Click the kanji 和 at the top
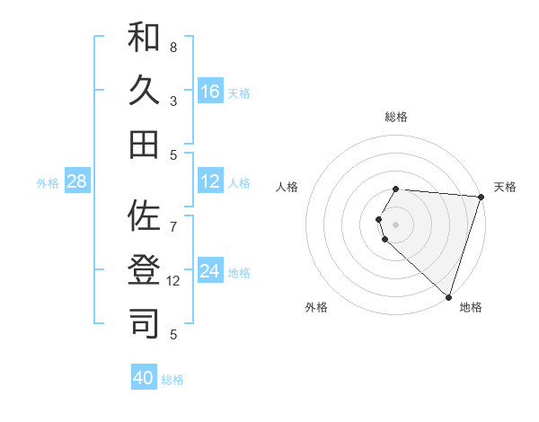[x=144, y=38]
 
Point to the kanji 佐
[x=144, y=216]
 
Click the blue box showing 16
[x=210, y=92]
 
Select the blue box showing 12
[x=210, y=182]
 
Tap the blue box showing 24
[x=210, y=272]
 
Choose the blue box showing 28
[x=77, y=182]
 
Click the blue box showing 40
[x=144, y=378]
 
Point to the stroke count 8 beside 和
[x=173, y=47]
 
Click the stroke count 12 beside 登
[x=174, y=280]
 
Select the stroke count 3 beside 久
[x=173, y=101]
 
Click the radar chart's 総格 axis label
[x=396, y=117]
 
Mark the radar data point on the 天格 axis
[x=481, y=197]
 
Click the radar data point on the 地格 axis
[x=448, y=296]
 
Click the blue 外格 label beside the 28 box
[x=48, y=183]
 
